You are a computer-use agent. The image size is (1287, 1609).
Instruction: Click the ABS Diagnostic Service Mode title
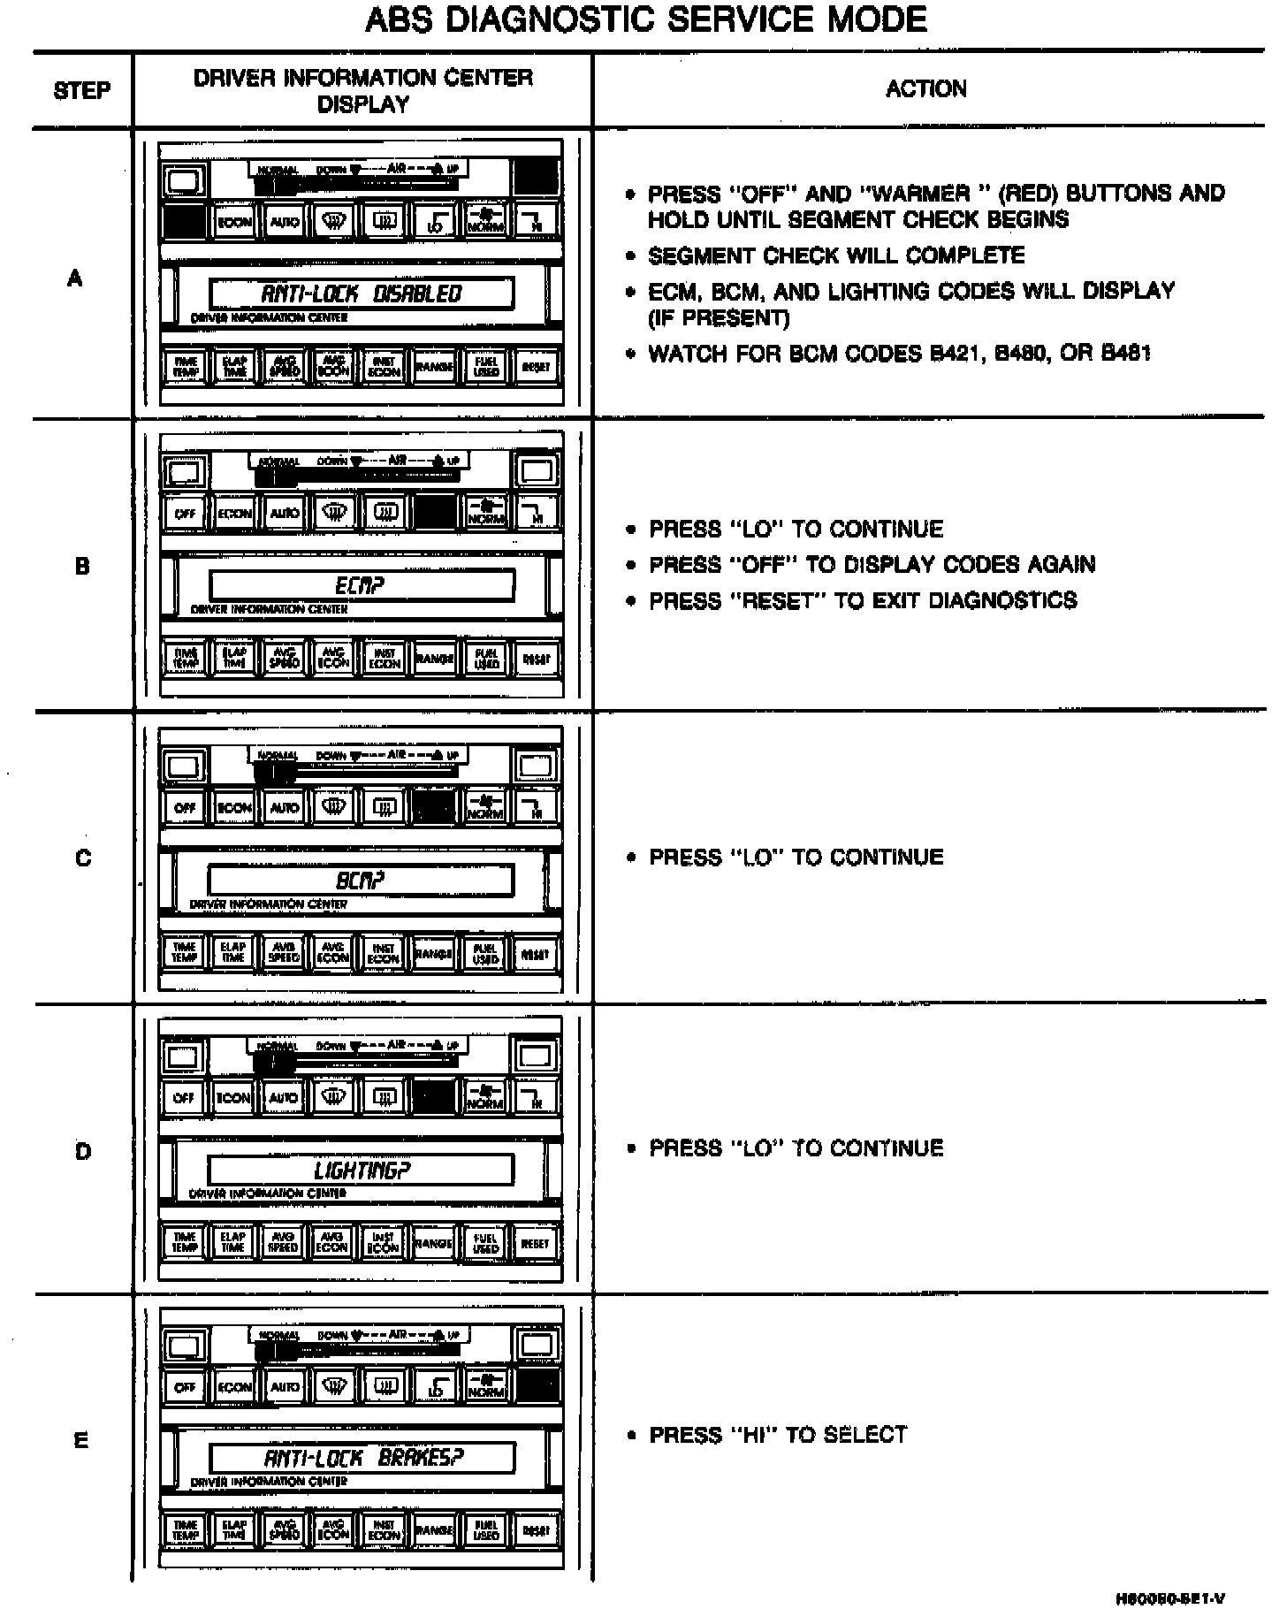[645, 19]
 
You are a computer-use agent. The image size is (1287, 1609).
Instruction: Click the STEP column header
[82, 90]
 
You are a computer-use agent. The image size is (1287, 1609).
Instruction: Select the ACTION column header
[926, 88]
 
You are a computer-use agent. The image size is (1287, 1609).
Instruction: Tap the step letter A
[75, 278]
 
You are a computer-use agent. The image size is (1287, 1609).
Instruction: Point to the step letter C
[83, 858]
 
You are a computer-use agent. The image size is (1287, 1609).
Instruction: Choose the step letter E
[81, 1440]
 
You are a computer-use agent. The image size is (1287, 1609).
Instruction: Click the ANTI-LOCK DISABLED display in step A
[361, 294]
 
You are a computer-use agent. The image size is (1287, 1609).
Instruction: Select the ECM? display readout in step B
[361, 585]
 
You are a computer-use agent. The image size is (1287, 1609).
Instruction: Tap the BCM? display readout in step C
[361, 881]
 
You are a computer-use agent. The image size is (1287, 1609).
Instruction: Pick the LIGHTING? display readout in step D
[361, 1171]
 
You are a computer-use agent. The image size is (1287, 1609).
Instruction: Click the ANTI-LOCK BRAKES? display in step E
[362, 1458]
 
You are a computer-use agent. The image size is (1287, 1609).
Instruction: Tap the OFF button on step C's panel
[185, 807]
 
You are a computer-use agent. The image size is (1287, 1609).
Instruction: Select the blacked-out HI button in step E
[537, 1386]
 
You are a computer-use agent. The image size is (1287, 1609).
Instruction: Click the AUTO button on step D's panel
[284, 1098]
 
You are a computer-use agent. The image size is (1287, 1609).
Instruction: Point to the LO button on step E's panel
[435, 1387]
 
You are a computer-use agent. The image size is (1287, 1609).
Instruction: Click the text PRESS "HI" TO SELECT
[778, 1435]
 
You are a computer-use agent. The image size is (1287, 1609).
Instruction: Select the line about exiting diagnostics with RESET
[863, 601]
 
